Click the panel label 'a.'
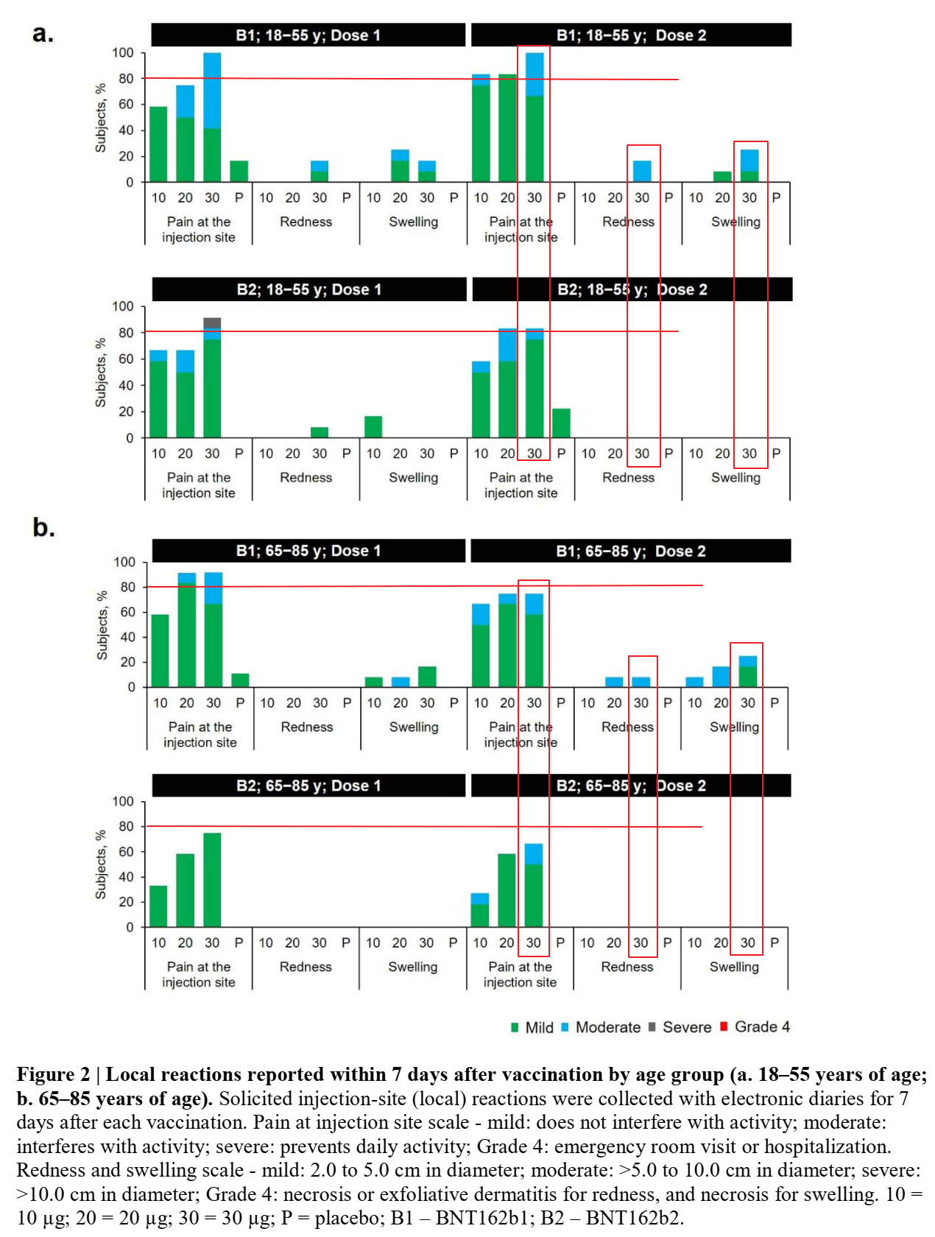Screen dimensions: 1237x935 coord(43,34)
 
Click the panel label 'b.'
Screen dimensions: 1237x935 coord(43,528)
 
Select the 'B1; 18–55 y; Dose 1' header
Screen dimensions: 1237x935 coord(308,35)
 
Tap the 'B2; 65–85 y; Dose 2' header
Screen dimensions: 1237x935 coord(630,786)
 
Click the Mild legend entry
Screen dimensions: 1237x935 coord(533,1027)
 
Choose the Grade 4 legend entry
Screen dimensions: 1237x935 coord(755,1027)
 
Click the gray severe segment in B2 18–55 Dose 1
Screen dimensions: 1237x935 coord(212,323)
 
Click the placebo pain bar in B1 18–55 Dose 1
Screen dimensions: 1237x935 coord(239,171)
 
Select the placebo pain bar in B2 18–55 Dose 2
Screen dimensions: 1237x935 coord(561,423)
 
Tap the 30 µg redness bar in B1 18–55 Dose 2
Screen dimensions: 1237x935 coord(642,171)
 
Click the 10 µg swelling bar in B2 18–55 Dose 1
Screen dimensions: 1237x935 coord(373,427)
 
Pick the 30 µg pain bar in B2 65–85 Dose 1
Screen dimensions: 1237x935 coord(212,880)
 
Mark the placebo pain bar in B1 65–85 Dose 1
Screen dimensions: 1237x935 coord(240,680)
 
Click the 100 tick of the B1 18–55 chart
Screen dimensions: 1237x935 coord(123,53)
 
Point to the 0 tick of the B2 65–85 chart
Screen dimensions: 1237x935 coord(130,927)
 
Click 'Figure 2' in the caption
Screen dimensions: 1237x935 coord(52,1075)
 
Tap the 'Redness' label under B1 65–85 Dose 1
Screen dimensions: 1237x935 coord(307,727)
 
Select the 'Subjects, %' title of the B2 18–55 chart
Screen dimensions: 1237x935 coord(101,372)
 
